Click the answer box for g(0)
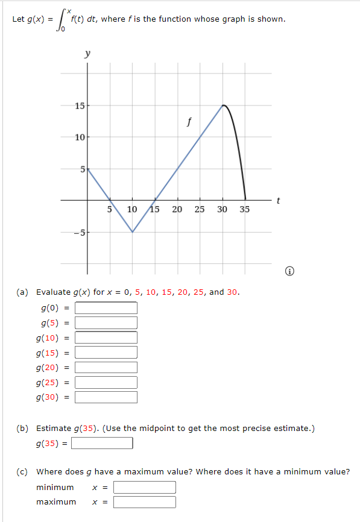tap(106, 308)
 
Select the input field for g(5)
tap(106, 323)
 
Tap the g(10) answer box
tap(106, 338)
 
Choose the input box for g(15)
tap(106, 353)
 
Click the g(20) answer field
tap(106, 367)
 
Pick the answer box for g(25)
tap(106, 382)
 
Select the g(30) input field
tap(106, 397)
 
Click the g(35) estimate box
tap(103, 444)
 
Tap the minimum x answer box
tap(145, 487)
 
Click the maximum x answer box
tap(145, 502)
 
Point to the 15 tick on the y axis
tap(80, 107)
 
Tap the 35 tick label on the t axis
tap(244, 210)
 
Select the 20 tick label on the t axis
tap(177, 210)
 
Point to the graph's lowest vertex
tap(133, 232)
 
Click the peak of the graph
tap(223, 105)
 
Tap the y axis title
tap(88, 54)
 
